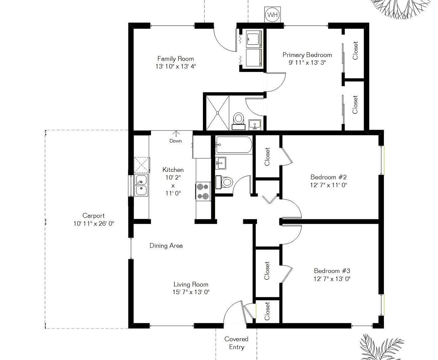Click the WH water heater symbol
coord(272,15)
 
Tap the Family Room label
coord(175,59)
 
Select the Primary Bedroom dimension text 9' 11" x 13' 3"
coord(307,62)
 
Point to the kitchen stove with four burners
coord(203,191)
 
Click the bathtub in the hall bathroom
coord(233,144)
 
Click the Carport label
coord(93,216)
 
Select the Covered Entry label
coord(236,343)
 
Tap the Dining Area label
coord(166,246)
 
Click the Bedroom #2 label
coord(328,177)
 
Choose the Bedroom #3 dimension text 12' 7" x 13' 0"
coord(332,279)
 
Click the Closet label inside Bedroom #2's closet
coord(267,157)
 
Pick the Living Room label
coord(191,284)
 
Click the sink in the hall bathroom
coord(221,163)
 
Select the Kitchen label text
coord(173,170)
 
